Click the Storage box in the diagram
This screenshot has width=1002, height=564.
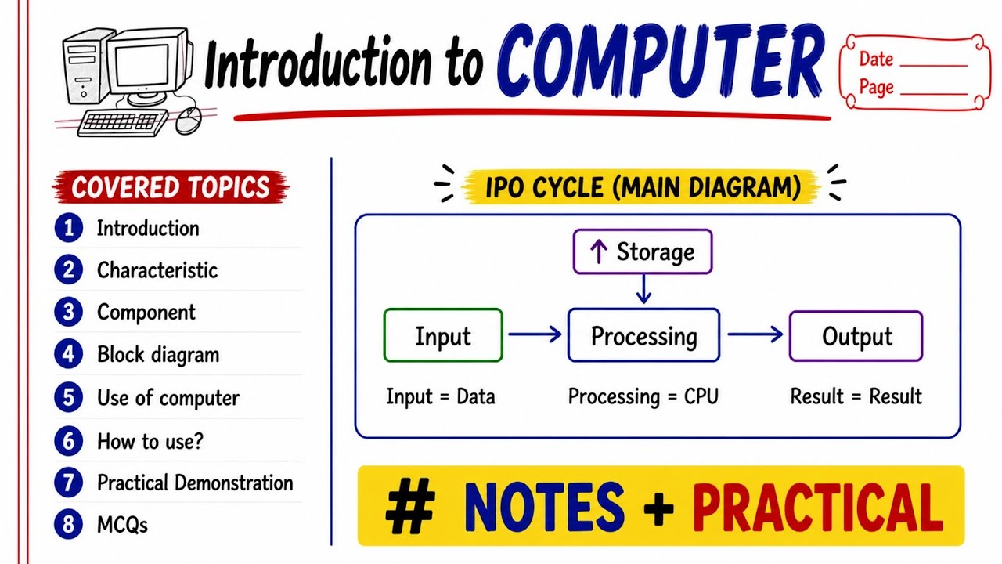tap(643, 251)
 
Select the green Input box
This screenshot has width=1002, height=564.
tap(443, 334)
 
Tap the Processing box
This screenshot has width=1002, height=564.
tap(643, 334)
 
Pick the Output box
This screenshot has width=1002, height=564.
tap(856, 336)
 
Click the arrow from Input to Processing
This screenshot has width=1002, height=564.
tap(535, 334)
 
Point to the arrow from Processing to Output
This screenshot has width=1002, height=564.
tap(755, 334)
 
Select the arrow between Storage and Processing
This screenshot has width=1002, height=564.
tap(643, 289)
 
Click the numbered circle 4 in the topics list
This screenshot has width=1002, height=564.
tap(68, 354)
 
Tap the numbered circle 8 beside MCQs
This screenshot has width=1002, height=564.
tap(68, 524)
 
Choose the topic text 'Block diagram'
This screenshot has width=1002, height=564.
tap(158, 355)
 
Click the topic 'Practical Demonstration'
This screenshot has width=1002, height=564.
tap(195, 483)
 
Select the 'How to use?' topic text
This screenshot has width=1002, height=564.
tap(150, 441)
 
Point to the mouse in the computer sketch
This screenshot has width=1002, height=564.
tap(189, 120)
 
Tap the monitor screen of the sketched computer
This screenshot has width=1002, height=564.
tap(142, 64)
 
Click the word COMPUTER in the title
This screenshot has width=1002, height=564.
tap(661, 60)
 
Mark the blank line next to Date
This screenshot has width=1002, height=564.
tap(934, 66)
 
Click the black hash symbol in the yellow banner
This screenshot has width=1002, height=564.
tap(410, 506)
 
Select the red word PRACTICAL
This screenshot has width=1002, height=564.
tap(818, 506)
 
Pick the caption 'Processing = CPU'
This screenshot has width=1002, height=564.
tap(643, 396)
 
